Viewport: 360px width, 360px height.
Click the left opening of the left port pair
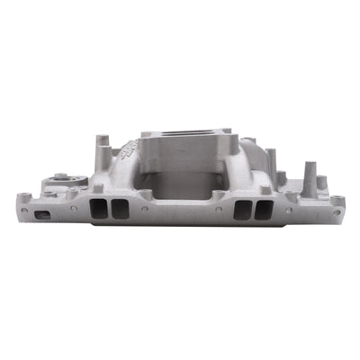(98, 209)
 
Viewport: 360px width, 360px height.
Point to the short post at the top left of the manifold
(102, 142)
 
